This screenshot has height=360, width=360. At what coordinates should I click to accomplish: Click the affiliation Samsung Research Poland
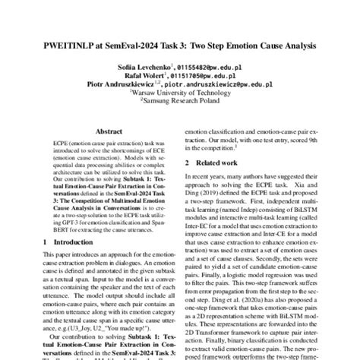click(180, 103)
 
